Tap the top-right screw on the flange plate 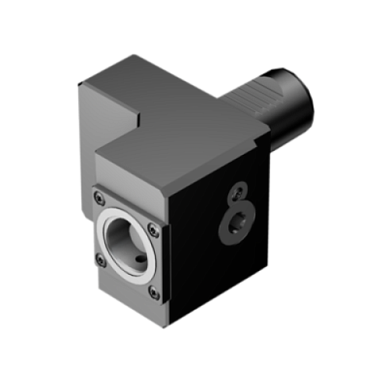pyautogui.click(x=156, y=230)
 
